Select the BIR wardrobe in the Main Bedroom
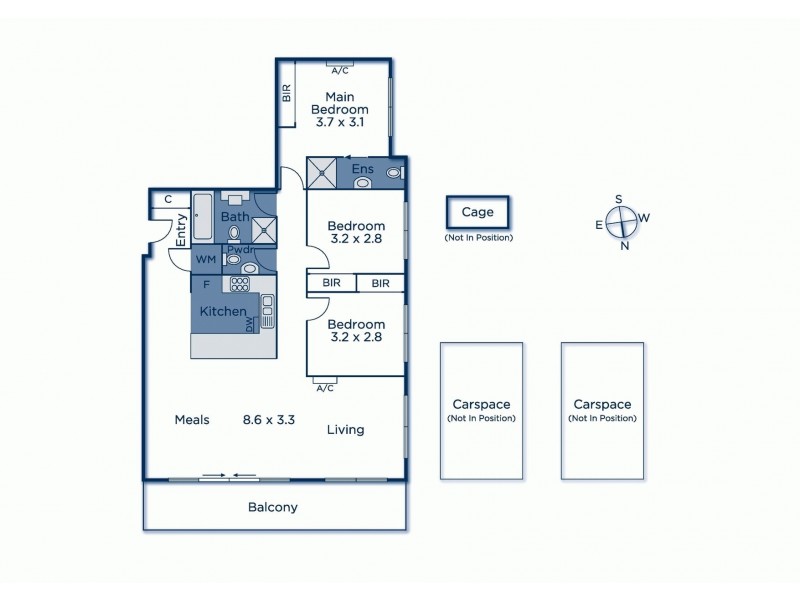286,94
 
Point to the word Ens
362,170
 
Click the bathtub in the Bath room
202,217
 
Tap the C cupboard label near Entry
168,199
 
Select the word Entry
182,231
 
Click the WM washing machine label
205,260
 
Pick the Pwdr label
239,249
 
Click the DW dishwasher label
251,322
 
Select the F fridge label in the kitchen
206,284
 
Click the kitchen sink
267,319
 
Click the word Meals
191,420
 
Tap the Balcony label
273,507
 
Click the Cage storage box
479,212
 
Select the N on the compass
625,246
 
